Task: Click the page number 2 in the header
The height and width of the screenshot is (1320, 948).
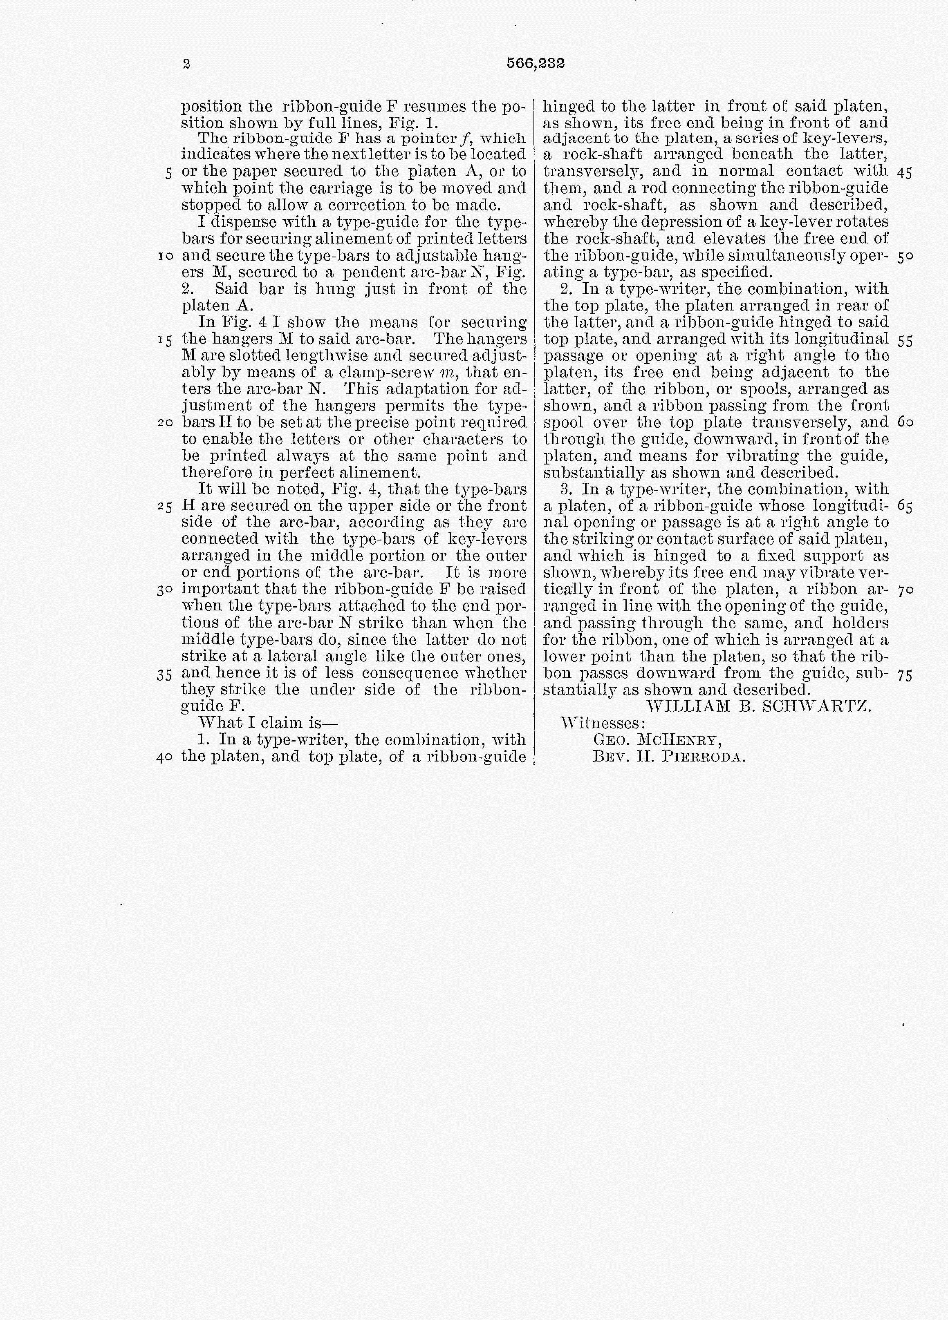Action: click(186, 64)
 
